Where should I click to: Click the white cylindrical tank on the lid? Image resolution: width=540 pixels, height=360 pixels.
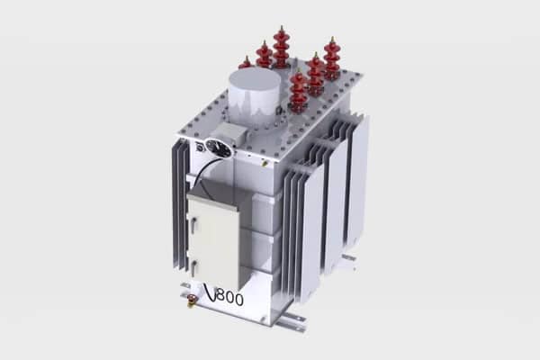[x=255, y=94]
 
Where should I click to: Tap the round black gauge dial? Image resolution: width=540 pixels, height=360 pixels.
[x=218, y=148]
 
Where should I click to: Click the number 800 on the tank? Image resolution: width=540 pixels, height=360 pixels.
[x=230, y=297]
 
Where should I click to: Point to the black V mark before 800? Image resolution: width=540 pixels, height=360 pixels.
[x=210, y=292]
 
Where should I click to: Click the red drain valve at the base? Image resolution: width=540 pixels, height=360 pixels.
[x=191, y=300]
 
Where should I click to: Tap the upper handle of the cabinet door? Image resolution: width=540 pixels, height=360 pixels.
[x=193, y=222]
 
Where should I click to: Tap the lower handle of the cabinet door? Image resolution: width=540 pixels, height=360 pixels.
[x=194, y=267]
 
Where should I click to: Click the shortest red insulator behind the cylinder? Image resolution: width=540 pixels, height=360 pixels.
[x=246, y=63]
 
